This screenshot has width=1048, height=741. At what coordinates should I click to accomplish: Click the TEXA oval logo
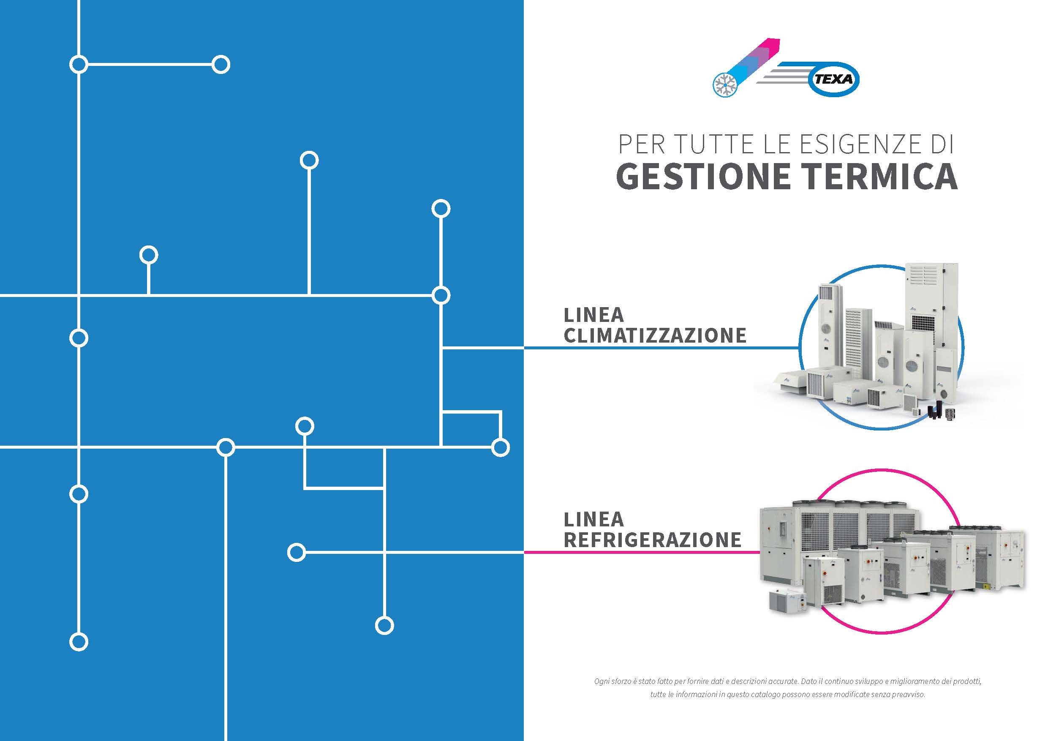coord(833,79)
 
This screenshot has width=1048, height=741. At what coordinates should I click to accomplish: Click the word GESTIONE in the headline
coord(703,177)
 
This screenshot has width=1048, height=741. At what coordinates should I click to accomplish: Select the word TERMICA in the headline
coord(880,177)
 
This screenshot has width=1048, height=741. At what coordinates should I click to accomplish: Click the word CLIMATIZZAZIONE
coord(655,335)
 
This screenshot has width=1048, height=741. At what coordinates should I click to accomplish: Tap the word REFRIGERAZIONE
coord(652,539)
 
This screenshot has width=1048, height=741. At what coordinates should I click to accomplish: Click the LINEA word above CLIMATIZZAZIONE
coord(594,315)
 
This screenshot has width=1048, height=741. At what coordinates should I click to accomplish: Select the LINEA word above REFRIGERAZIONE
coord(594,519)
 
